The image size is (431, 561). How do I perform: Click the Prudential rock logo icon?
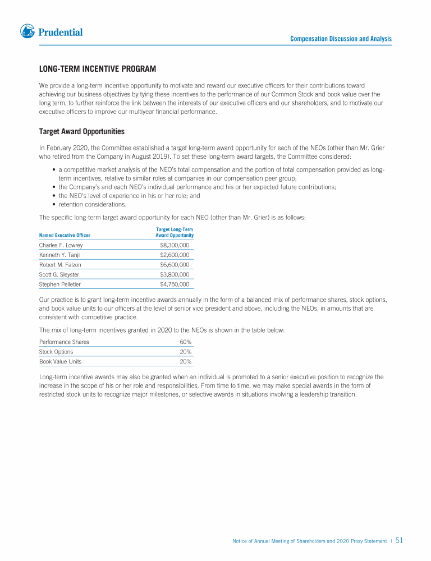click(27, 31)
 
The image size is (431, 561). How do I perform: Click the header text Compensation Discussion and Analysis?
click(341, 39)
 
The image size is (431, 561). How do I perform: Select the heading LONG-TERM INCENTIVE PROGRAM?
click(97, 69)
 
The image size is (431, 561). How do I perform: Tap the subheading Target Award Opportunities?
click(81, 132)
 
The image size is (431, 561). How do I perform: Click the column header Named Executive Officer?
click(65, 235)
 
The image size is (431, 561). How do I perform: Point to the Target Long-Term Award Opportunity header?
click(174, 232)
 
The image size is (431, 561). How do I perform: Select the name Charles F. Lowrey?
click(61, 245)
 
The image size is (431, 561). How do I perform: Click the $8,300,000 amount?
click(175, 245)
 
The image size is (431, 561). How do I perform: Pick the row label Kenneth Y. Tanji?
click(59, 255)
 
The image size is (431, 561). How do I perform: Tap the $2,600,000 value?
click(175, 255)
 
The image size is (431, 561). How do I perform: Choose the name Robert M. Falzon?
click(60, 264)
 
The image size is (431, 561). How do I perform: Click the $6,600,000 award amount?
click(175, 264)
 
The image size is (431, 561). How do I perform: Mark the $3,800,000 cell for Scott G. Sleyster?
click(175, 274)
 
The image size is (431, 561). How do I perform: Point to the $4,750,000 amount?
click(175, 284)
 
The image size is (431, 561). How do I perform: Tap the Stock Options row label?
click(56, 352)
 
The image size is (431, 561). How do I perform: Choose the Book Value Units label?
click(60, 361)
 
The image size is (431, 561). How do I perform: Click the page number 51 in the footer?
click(400, 541)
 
